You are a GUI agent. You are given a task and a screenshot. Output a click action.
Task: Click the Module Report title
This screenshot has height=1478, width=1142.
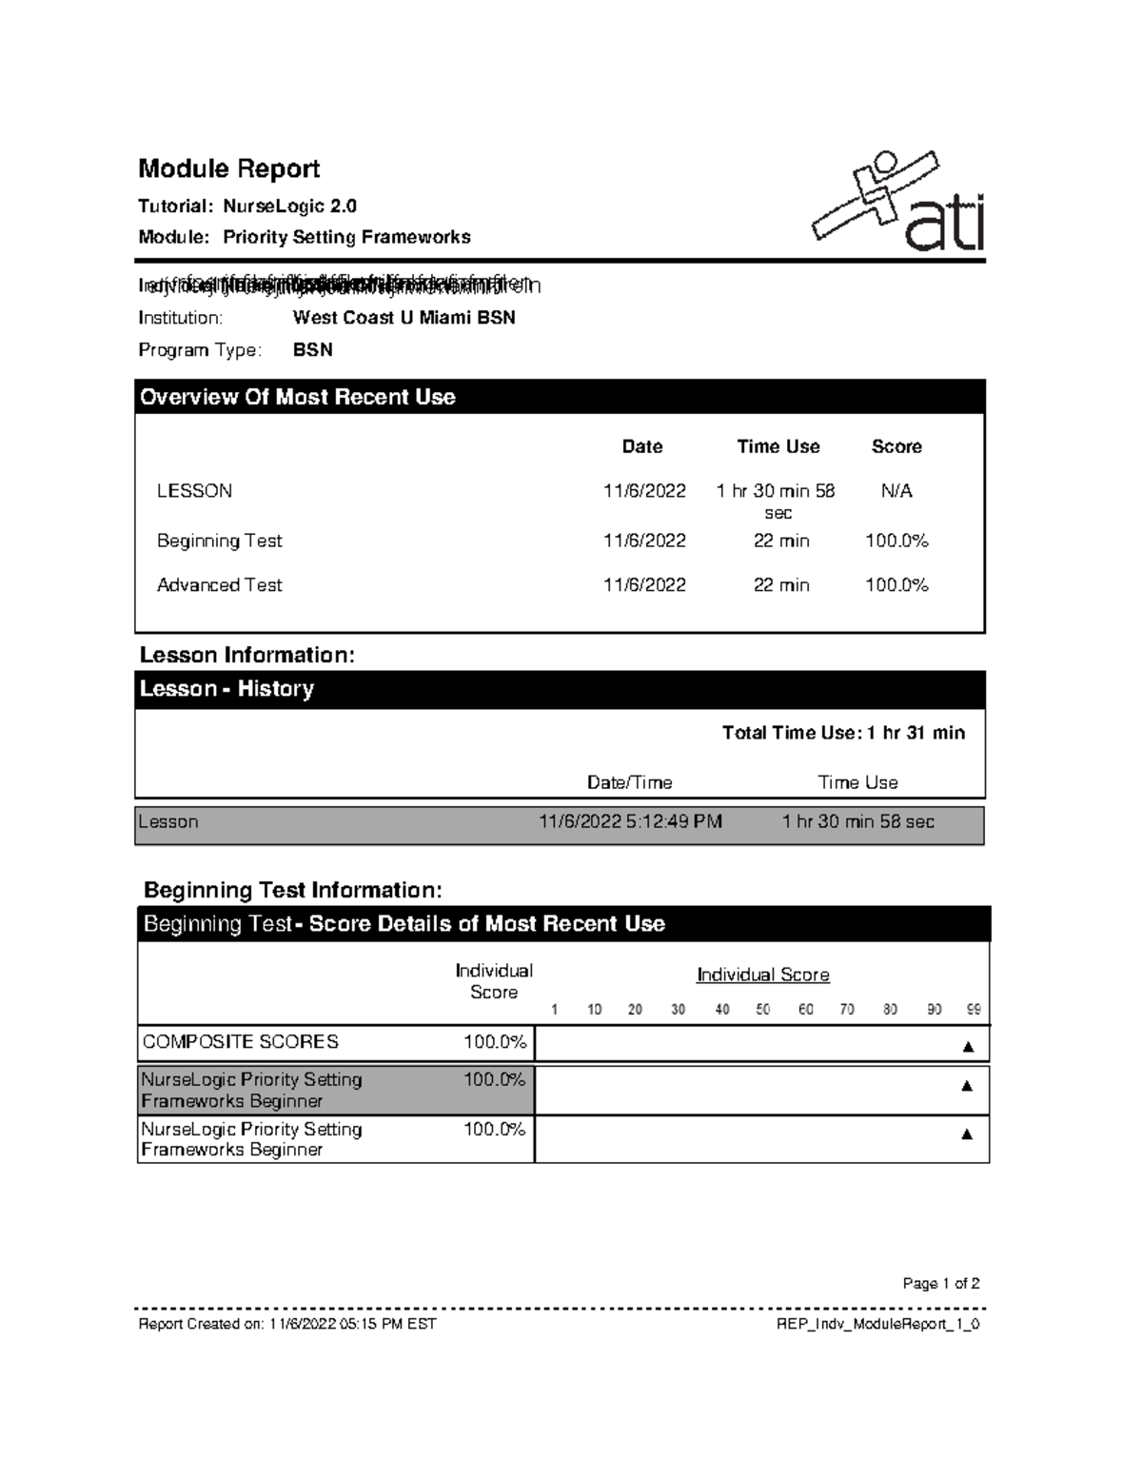point(228,168)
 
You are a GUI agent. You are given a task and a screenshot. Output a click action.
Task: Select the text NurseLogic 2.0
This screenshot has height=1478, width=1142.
point(289,206)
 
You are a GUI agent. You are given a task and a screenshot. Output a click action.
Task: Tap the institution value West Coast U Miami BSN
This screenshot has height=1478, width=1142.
point(404,318)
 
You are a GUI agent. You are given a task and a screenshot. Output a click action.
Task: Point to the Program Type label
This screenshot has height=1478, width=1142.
point(199,350)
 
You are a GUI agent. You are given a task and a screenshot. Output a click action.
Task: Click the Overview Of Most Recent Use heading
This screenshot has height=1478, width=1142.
point(297,397)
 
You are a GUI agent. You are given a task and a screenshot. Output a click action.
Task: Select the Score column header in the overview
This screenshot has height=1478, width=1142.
point(896,446)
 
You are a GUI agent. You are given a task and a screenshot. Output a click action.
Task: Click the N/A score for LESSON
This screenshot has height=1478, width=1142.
point(896,491)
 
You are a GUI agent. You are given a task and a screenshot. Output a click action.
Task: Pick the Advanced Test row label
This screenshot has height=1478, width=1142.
point(219,585)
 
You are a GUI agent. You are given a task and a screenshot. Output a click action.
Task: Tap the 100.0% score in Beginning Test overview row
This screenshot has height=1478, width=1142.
point(896,541)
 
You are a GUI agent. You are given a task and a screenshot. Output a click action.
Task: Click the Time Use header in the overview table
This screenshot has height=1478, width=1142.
point(778,446)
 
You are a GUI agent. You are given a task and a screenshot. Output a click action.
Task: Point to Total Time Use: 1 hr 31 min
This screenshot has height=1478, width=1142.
point(843,733)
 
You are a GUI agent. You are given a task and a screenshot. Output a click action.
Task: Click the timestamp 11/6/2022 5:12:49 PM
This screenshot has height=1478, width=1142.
point(630,821)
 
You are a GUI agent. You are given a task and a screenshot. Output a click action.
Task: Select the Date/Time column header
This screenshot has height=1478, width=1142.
point(629,782)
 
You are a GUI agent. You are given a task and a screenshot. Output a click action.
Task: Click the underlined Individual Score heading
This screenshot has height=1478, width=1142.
point(762,975)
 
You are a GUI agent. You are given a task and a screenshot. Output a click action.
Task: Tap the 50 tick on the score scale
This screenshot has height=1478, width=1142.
point(762,1010)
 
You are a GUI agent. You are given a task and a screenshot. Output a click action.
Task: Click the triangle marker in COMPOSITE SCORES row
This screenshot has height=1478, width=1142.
point(968,1047)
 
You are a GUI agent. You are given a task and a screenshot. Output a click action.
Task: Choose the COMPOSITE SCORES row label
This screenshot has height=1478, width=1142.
point(240,1042)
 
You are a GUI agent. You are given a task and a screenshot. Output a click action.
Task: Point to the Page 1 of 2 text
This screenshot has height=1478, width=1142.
point(940,1283)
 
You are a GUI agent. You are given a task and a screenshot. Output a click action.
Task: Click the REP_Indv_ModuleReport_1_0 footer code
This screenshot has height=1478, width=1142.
point(877,1324)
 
